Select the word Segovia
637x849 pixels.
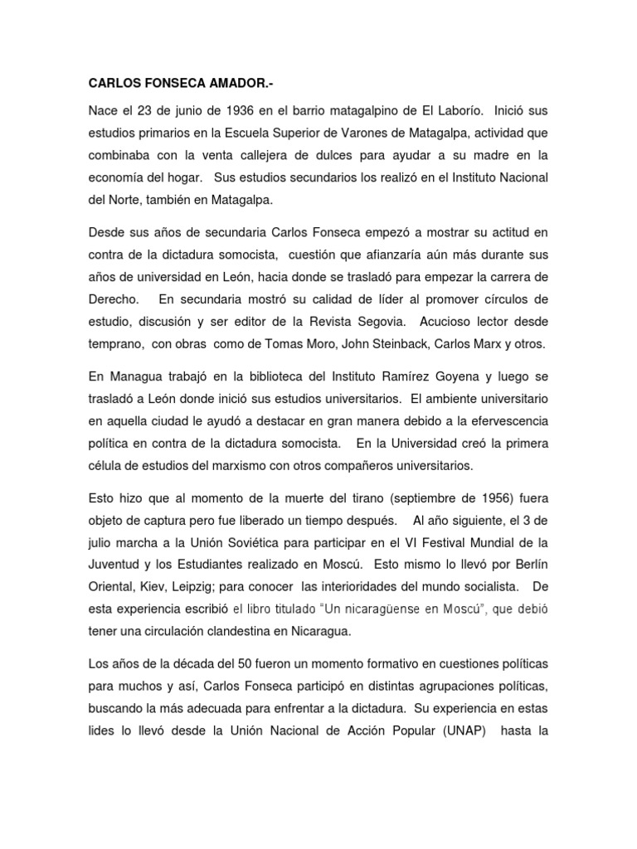coord(377,321)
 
